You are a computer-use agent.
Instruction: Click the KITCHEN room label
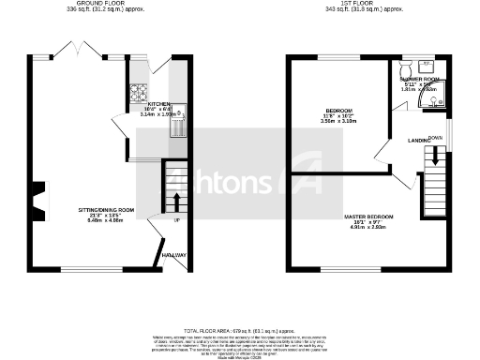pos(157,104)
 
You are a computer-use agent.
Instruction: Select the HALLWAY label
pos(173,255)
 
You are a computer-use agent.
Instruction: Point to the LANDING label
pos(417,141)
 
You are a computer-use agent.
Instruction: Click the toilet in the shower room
pos(406,70)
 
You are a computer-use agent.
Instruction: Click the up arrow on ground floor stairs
pos(175,201)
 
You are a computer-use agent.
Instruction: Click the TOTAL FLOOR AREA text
pos(240,331)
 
